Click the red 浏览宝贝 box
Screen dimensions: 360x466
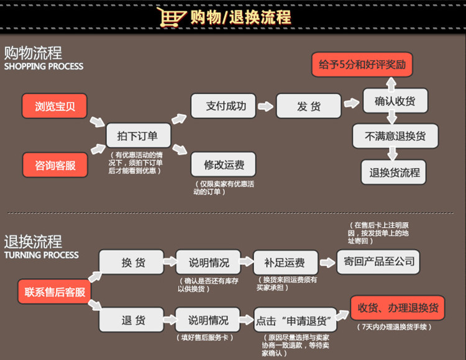(x=55, y=106)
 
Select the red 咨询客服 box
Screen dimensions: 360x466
(x=55, y=164)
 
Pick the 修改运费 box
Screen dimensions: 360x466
(x=223, y=164)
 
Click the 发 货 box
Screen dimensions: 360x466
(x=309, y=106)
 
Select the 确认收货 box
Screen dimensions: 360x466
(x=395, y=101)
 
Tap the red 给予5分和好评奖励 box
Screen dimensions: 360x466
(x=361, y=65)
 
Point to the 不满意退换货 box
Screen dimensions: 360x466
(x=395, y=136)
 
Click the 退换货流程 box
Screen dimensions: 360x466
(x=395, y=172)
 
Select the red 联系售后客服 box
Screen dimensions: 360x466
(x=55, y=291)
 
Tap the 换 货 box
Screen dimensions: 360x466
(x=133, y=262)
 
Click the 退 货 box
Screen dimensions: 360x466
(x=133, y=320)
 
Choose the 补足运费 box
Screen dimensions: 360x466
(x=285, y=262)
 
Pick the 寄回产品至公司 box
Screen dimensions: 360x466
(x=378, y=261)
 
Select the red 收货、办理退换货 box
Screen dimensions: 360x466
(x=398, y=307)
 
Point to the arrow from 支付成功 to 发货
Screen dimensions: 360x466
(x=265, y=106)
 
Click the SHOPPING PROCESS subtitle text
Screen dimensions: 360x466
(x=43, y=66)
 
